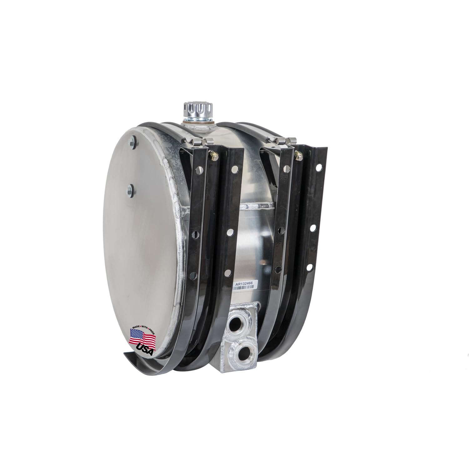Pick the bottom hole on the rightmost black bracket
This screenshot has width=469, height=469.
coord(310,268)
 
